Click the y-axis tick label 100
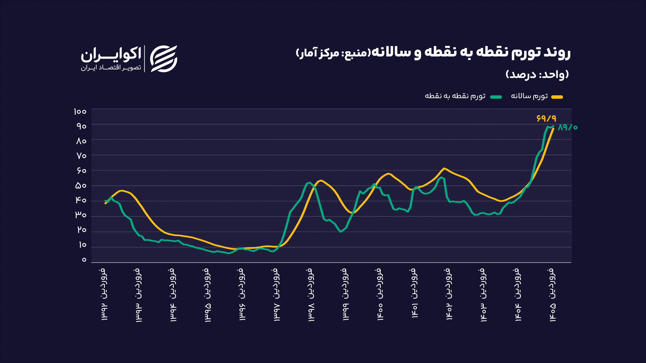(80, 111)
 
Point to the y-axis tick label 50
(81, 186)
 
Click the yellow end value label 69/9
(546, 118)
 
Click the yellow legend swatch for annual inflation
(557, 97)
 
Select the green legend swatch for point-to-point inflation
(496, 97)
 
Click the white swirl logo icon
(164, 59)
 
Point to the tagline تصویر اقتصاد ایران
(111, 68)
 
